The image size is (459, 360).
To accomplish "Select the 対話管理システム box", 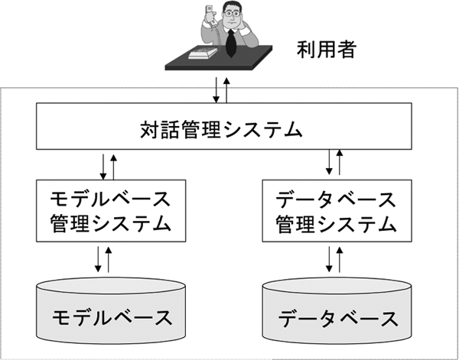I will [222, 128].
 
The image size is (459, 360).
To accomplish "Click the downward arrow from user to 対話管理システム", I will [217, 89].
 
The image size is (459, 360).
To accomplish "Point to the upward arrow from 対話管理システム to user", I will [227, 89].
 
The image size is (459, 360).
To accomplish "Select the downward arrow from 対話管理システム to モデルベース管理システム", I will [103, 165].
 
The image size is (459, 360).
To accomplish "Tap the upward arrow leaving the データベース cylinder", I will [340, 259].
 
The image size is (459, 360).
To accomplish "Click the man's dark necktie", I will [229, 41].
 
